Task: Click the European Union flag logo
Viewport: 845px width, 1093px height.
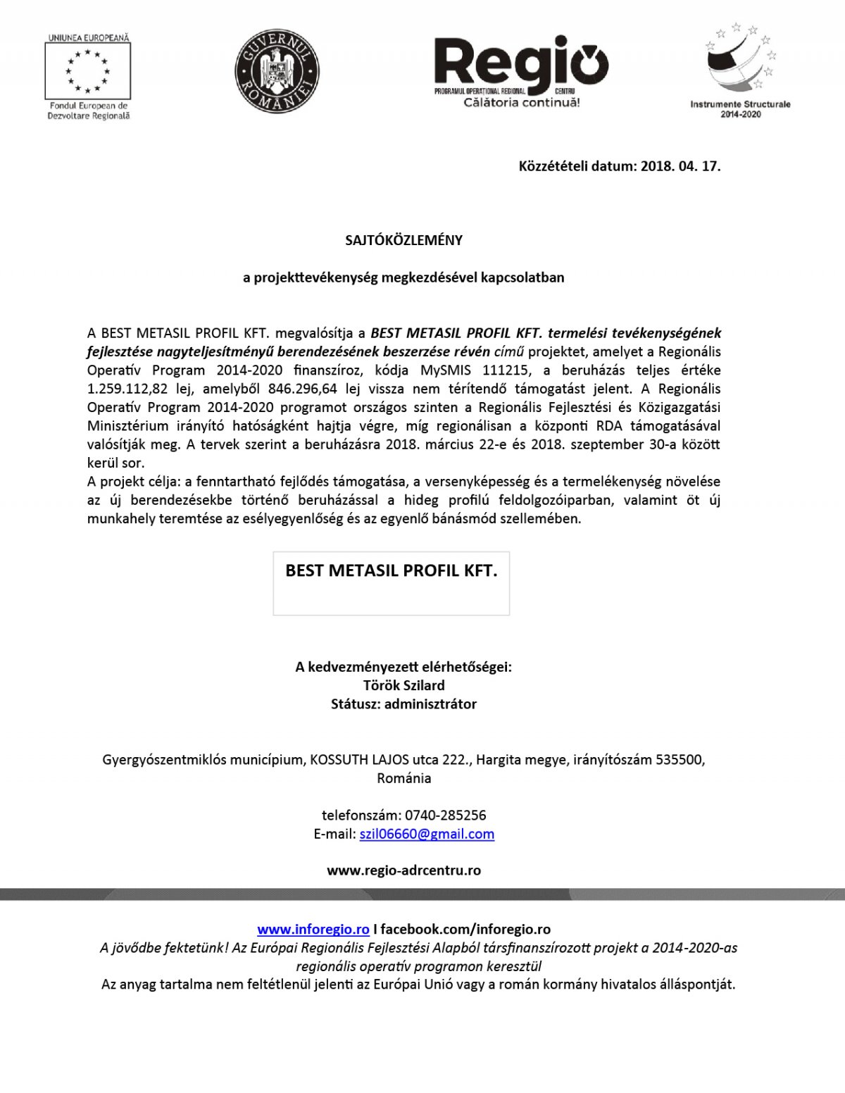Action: click(88, 71)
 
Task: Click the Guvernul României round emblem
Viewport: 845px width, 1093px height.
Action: click(277, 71)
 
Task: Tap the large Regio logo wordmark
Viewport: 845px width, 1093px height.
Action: click(520, 63)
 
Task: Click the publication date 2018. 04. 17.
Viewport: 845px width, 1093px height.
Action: click(681, 167)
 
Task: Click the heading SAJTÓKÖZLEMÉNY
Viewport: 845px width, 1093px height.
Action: click(403, 240)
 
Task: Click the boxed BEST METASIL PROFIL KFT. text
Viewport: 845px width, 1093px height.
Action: click(391, 571)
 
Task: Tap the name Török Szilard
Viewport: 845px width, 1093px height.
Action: click(403, 685)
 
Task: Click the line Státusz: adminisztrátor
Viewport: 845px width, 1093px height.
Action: click(403, 704)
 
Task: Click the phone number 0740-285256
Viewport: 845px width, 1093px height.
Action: click(445, 816)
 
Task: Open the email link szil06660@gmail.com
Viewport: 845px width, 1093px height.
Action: click(427, 834)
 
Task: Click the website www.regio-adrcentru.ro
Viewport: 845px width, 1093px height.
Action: click(403, 870)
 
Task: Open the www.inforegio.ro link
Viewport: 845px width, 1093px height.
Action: click(313, 930)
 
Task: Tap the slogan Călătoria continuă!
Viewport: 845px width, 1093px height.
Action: click(521, 103)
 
